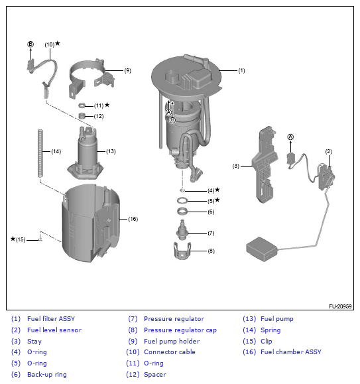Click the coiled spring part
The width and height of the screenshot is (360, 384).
tap(40, 153)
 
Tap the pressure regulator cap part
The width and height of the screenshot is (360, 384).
tap(182, 251)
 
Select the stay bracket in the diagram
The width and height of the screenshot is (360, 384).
tap(265, 164)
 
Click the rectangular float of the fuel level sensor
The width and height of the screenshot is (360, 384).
tap(262, 249)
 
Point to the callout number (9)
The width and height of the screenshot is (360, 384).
tap(127, 70)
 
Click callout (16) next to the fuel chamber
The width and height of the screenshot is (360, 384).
tap(133, 219)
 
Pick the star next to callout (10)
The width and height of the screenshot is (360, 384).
tap(58, 43)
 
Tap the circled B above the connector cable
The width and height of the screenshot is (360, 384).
tap(30, 44)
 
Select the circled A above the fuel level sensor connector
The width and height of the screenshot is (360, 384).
tap(290, 137)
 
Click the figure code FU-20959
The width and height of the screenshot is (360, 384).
tap(340, 306)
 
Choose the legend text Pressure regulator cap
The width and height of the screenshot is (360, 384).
tap(180, 330)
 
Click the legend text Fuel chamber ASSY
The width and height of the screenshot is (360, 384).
tap(291, 352)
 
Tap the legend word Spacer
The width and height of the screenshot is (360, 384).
tap(155, 375)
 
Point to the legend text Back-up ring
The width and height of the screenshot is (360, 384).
tap(47, 375)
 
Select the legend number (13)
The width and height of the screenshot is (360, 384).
tap(249, 319)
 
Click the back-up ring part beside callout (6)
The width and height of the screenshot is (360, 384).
tap(182, 211)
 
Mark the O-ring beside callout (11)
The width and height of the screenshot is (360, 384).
tap(82, 105)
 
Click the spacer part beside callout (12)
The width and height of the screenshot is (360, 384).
tap(82, 115)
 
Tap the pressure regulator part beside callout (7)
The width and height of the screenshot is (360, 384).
tap(182, 230)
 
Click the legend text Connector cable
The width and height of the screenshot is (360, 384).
tap(169, 352)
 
